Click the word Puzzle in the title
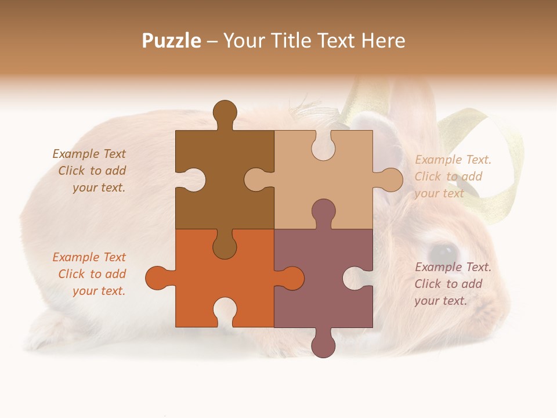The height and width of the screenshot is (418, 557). click(x=172, y=41)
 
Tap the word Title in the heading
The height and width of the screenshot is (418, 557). click(x=291, y=41)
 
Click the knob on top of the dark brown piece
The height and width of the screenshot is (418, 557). click(x=225, y=113)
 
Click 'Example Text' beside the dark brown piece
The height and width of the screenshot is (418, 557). click(x=89, y=154)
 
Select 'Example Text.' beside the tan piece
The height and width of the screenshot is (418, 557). click(x=453, y=160)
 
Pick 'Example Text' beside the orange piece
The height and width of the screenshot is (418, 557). click(x=89, y=257)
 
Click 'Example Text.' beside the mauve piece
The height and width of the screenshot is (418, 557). click(x=453, y=267)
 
